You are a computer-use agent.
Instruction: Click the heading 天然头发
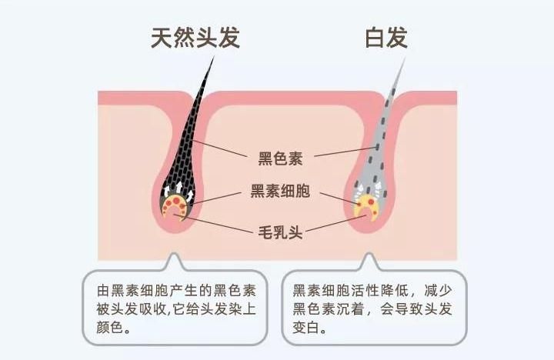point(195,38)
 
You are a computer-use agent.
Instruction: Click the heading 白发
point(386,38)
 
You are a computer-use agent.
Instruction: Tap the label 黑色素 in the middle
point(281,158)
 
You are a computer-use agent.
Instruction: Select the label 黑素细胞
point(281,191)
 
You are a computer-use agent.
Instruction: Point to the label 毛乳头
point(281,232)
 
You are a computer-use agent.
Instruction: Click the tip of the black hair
point(214,57)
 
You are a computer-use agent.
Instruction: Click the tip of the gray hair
point(405,57)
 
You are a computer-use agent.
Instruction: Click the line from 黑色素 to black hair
point(220,148)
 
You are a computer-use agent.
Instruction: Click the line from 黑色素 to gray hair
point(346,151)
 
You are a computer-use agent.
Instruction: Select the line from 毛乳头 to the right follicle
point(335,224)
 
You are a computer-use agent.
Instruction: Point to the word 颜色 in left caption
point(110,327)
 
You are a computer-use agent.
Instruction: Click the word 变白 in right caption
point(306,327)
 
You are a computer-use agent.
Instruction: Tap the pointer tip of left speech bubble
point(173,253)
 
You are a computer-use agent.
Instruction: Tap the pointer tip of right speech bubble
point(369,253)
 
